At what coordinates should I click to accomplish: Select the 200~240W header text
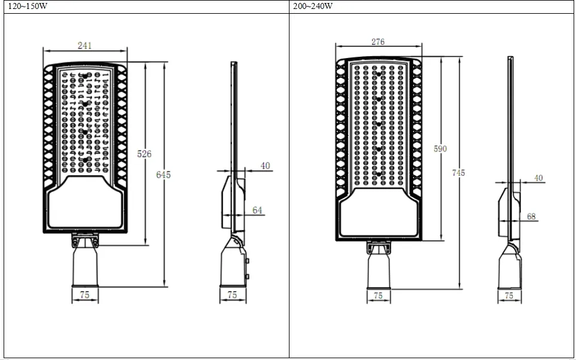(x=313, y=7)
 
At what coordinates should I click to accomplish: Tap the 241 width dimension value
(x=85, y=46)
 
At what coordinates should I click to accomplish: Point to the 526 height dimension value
(x=145, y=154)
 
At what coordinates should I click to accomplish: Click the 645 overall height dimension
(x=163, y=175)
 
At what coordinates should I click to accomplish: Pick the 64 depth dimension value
(x=257, y=210)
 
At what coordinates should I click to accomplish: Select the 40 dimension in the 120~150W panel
(x=265, y=166)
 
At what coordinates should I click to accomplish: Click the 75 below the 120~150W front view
(x=84, y=295)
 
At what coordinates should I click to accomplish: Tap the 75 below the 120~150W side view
(x=233, y=295)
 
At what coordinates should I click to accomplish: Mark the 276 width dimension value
(x=378, y=42)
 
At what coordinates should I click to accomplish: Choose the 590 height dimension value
(x=440, y=149)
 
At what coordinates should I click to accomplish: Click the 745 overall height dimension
(x=458, y=173)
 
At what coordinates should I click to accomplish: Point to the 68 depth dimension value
(x=531, y=216)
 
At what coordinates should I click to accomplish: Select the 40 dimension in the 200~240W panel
(x=538, y=178)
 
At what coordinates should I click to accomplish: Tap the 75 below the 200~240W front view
(x=378, y=295)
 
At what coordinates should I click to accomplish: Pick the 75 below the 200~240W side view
(x=509, y=295)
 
